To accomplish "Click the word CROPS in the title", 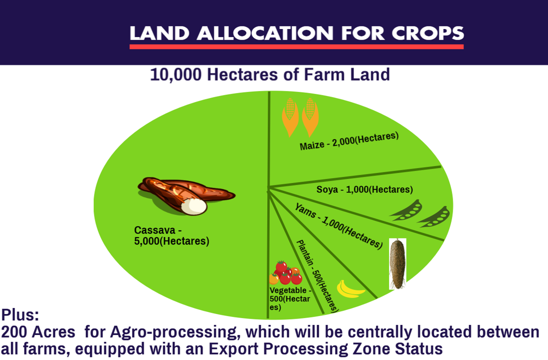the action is pos(428,33).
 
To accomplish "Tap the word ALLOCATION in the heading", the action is pos(265,33).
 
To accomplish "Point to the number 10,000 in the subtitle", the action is pos(176,75).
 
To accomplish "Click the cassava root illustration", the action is pos(187,195).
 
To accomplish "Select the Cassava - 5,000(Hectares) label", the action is pos(172,236).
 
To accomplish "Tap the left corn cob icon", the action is pos(290,117).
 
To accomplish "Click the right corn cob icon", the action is pos(310,117).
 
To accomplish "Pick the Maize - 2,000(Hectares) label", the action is pos(349,141).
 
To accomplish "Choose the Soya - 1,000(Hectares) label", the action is pos(365,189).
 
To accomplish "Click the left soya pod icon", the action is pos(406,210).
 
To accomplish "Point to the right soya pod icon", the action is pos(434,216).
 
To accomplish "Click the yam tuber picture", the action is pos(397,264).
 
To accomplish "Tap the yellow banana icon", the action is pos(350,289).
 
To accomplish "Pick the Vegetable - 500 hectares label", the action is pos(290,299).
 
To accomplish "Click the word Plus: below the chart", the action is pos(20,315).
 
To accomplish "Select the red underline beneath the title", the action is pos(296,46).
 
